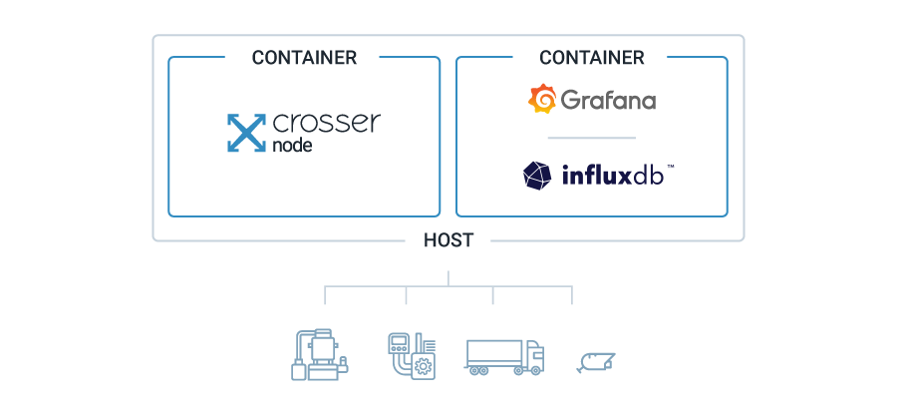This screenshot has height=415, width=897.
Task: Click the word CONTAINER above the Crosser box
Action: [x=304, y=58]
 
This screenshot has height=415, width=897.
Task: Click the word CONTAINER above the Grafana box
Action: [x=592, y=58]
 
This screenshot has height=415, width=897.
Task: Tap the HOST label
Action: [x=448, y=240]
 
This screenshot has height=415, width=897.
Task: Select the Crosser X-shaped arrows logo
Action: [x=245, y=134]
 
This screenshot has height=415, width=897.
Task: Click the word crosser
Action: [x=326, y=125]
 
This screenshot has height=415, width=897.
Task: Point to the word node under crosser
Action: [x=291, y=146]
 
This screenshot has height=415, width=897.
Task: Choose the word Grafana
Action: [x=608, y=101]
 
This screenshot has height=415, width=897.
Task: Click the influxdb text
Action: [x=617, y=176]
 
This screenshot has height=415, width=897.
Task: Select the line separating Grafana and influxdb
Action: [x=591, y=138]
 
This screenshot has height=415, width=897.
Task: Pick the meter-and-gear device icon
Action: [x=411, y=355]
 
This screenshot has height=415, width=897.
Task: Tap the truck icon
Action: [x=504, y=356]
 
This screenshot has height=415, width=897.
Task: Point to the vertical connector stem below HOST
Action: [x=448, y=278]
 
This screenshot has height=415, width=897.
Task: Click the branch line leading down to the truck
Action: [x=492, y=296]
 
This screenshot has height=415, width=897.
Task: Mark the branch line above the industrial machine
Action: [x=326, y=296]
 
